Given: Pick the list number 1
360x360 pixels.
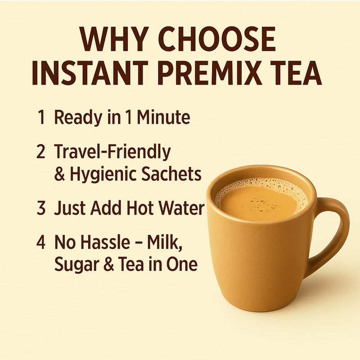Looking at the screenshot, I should pos(41,118).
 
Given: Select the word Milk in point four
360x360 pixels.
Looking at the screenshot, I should pos(169,243).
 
